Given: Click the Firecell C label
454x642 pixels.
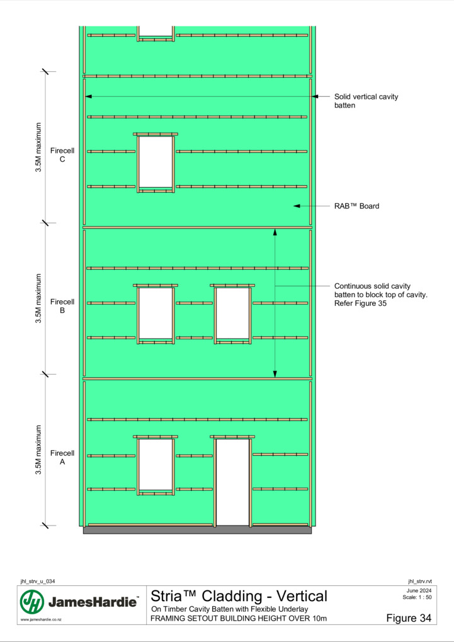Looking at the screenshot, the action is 62,155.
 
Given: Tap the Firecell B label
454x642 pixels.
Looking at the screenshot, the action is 62,306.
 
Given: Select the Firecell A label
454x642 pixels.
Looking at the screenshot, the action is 62,458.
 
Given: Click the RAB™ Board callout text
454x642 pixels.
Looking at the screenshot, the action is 356,206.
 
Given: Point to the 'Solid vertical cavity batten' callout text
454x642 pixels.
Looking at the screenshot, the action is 366,101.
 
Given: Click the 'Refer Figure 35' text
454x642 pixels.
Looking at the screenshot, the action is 360,303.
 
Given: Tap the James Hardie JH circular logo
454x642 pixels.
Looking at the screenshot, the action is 32,602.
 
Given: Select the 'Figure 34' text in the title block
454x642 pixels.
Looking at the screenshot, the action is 409,618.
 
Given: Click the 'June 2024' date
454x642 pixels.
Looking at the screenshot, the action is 419,590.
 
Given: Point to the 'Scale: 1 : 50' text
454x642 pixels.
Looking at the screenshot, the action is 417,597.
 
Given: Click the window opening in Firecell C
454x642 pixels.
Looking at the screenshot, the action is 156,162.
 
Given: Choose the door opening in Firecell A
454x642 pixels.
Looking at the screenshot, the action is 232,482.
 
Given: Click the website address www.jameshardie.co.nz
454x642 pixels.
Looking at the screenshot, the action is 41,619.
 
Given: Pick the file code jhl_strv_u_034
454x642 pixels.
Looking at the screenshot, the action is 38,582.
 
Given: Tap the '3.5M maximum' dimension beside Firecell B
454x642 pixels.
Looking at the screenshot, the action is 38,298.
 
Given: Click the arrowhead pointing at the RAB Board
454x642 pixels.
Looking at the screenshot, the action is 297,206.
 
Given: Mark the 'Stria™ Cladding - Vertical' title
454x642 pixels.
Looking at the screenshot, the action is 239,596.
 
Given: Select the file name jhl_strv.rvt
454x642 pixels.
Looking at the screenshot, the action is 419,582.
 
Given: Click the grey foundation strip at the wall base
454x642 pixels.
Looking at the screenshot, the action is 198,530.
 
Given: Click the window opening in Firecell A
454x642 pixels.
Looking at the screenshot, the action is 156,465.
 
